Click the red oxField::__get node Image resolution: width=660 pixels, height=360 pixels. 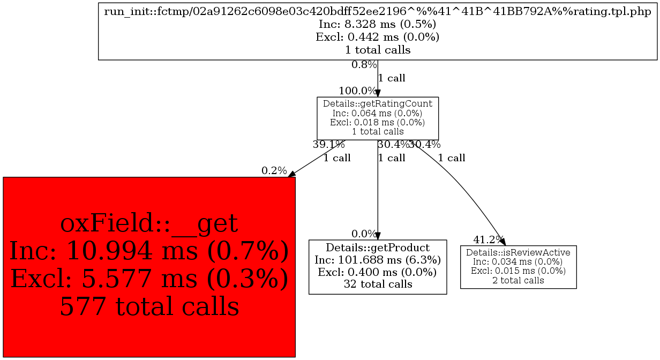[x=149, y=267]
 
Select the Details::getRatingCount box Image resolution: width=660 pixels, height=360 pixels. [x=378, y=118]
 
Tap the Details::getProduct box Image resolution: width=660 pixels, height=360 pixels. [x=378, y=267]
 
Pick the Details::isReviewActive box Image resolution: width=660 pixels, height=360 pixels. [x=518, y=267]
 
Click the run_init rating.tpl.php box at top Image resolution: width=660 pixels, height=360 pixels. [x=378, y=32]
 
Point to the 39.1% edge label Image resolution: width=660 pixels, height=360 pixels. [x=328, y=145]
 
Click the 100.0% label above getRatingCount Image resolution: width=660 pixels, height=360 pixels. [x=357, y=91]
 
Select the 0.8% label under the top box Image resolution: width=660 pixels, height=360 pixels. [x=364, y=64]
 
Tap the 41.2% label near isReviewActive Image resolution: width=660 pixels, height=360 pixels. [x=488, y=240]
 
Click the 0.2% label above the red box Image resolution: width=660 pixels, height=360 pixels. [x=274, y=170]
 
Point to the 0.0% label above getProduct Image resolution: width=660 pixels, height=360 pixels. [x=364, y=234]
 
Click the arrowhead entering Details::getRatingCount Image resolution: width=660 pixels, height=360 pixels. [x=378, y=93]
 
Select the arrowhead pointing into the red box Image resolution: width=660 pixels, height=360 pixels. [x=291, y=174]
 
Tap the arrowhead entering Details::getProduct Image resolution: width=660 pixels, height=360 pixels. [x=378, y=236]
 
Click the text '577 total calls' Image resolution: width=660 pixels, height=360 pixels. [x=149, y=306]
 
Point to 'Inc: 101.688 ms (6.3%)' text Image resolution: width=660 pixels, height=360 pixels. [x=378, y=260]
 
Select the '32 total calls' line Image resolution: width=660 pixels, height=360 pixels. [x=378, y=284]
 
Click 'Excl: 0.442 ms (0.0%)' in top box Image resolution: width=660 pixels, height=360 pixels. [x=378, y=37]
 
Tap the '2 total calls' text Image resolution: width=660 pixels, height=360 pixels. [x=518, y=280]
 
